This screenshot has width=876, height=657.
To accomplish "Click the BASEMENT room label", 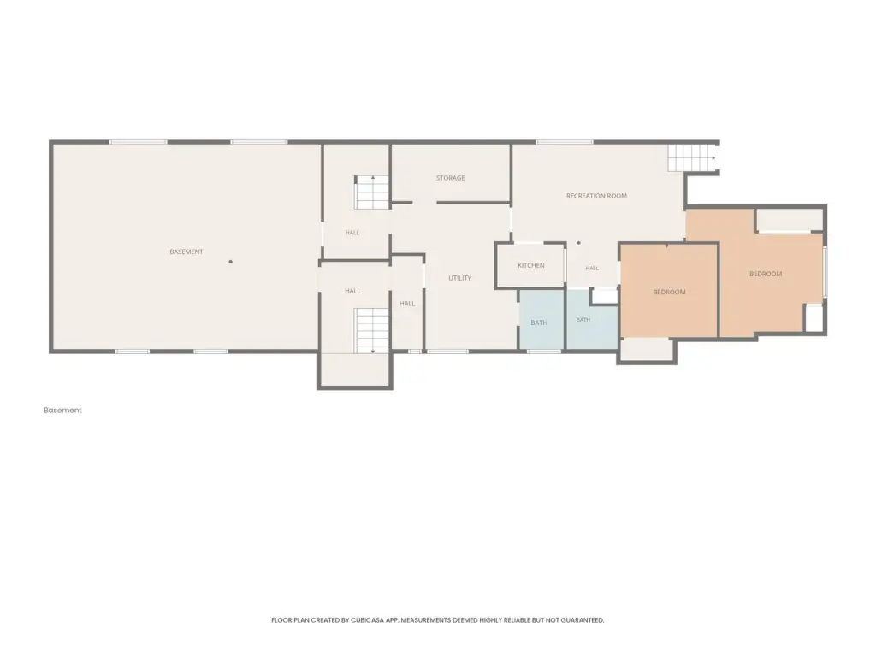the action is pos(186,252).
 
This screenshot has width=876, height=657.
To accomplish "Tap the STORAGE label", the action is pos(450,178).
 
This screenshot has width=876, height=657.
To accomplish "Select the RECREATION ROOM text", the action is pos(596,196).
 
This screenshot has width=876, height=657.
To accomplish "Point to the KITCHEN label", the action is pos(530,265).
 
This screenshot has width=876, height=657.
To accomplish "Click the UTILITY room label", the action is pos(459,278).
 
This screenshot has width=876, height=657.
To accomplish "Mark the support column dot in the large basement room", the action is pos(230,262).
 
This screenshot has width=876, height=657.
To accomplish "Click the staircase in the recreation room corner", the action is pos(691,158).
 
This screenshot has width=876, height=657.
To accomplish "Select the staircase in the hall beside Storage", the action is pos(371,192).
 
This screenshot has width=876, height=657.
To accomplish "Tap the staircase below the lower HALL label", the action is pos(371,331).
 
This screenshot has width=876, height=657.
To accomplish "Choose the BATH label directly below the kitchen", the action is pos(539,323).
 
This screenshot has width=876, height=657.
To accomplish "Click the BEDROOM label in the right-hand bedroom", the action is pos(766,275).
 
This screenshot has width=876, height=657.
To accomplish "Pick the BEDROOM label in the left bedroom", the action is pos(669,293).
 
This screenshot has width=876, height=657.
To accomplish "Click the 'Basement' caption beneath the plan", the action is pos(62,410).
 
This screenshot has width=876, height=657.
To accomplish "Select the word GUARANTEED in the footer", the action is pos(584,620).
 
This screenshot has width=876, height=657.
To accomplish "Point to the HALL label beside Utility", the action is pos(407,304).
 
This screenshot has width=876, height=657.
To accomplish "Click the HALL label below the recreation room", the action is pos(592,269).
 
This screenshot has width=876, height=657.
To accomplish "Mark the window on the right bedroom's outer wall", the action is pos(826,272).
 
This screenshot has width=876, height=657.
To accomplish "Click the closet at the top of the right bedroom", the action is pos(790,220).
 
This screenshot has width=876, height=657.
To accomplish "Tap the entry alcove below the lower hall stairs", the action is pos(355,370).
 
